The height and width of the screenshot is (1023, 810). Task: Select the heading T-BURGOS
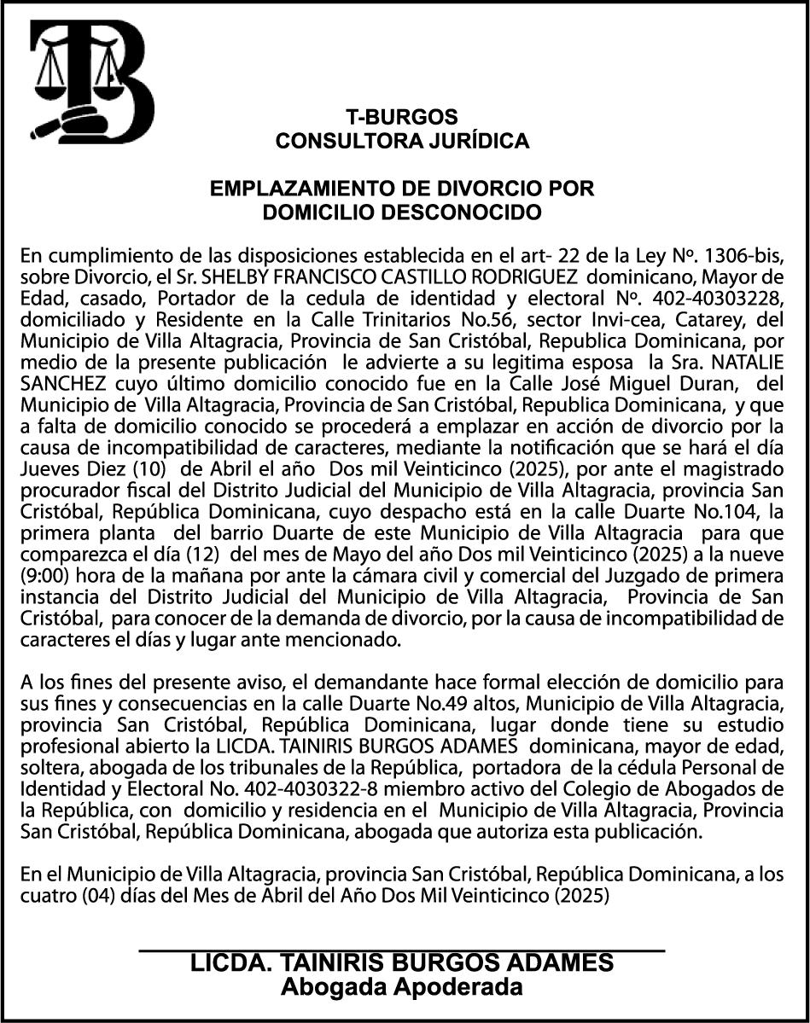pyautogui.click(x=401, y=118)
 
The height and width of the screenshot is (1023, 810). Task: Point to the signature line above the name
pyautogui.click(x=401, y=949)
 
